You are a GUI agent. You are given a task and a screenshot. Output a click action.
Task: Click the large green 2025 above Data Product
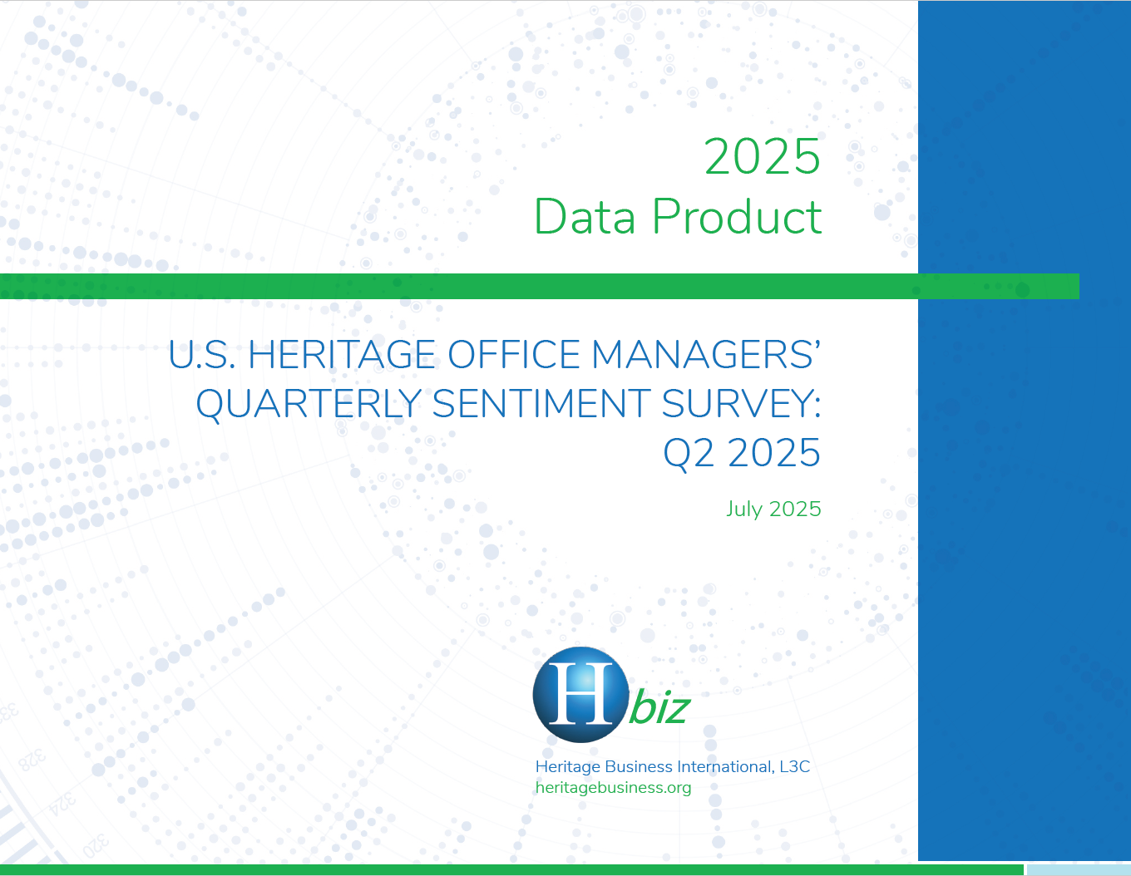(762, 156)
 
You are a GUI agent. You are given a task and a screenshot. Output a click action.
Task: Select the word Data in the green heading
(585, 216)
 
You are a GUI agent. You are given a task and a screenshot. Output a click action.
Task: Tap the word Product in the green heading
(737, 216)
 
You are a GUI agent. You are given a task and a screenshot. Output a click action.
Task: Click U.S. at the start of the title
(201, 355)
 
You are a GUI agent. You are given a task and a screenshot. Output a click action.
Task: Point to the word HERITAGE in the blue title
(342, 355)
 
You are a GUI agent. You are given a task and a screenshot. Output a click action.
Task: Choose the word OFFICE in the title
(513, 355)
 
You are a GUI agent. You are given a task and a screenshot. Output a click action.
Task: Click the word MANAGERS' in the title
(706, 355)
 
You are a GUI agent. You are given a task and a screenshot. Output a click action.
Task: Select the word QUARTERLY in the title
(309, 404)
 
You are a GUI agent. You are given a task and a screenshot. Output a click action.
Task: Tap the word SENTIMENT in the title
(541, 404)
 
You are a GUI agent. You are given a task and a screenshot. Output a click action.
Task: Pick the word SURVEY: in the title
(741, 404)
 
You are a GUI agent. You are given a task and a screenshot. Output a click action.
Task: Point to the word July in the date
(744, 509)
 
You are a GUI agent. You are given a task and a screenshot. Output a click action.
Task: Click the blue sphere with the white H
(580, 695)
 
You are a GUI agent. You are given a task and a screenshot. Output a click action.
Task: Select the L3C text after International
(795, 767)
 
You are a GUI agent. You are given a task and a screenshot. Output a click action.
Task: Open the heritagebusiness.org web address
(613, 788)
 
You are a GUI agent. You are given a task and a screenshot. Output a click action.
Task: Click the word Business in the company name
(639, 767)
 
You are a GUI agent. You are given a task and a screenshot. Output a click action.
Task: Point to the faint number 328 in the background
(32, 760)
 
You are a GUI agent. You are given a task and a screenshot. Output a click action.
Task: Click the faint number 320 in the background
(96, 846)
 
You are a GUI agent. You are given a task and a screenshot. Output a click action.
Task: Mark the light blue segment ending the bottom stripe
(1079, 869)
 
